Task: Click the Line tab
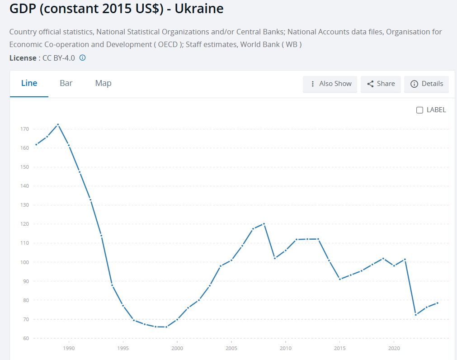point(29,83)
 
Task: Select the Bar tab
point(66,83)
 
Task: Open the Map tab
point(103,83)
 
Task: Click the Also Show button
point(330,84)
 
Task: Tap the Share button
point(381,84)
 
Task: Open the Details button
point(426,84)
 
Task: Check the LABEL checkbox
point(419,110)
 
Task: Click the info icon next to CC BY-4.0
point(83,57)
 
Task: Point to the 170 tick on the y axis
point(24,129)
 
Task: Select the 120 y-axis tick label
point(24,224)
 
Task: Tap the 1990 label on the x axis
point(69,348)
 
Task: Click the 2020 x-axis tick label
point(394,348)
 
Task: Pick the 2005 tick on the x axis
point(231,348)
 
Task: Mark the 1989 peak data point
point(58,124)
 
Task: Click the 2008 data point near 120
point(264,223)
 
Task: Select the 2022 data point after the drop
point(416,315)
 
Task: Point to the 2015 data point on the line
point(340,279)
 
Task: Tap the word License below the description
point(23,58)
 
